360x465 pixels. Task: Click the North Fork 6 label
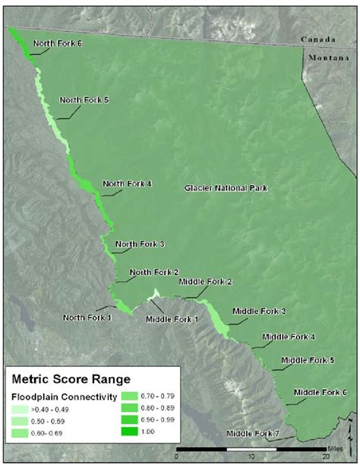(x=58, y=43)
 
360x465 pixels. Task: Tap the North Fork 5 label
(x=85, y=100)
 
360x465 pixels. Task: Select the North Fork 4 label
(x=128, y=183)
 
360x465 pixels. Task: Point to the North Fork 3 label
(x=140, y=244)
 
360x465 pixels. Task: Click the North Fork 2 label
(x=154, y=272)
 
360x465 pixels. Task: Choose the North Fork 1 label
(x=88, y=317)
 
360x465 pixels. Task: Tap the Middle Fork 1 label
(x=172, y=318)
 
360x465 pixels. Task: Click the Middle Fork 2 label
(x=205, y=282)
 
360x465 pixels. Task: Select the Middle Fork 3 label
(x=259, y=311)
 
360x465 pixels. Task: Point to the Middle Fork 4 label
(x=289, y=337)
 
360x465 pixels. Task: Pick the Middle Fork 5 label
(x=308, y=360)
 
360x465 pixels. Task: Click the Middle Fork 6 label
(x=321, y=392)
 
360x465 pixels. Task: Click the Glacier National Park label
(x=227, y=188)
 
